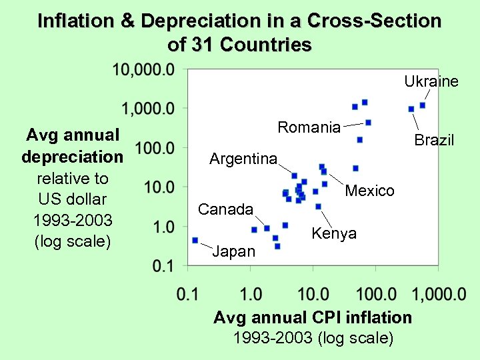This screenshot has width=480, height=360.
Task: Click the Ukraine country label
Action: [431, 81]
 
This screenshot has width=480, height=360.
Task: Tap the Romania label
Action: [309, 127]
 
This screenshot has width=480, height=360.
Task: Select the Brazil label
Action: [434, 140]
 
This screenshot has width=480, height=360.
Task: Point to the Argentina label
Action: [243, 159]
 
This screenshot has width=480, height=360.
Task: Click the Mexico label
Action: [369, 191]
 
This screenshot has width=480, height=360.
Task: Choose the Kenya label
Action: [334, 233]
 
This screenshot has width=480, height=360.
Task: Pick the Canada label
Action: [225, 209]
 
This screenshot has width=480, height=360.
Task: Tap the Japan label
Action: [233, 251]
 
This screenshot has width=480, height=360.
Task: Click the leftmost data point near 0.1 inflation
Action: [195, 240]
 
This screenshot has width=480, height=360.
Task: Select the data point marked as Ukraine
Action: [423, 105]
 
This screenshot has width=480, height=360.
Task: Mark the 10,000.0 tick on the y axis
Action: [143, 69]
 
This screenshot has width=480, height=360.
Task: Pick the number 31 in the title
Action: [201, 45]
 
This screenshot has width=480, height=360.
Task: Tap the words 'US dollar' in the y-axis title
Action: [73, 199]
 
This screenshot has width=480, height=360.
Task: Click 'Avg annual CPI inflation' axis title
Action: [313, 317]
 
